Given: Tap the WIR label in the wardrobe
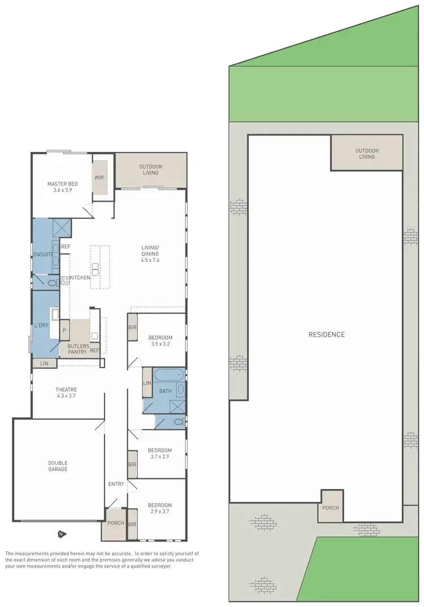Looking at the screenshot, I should coord(99,177).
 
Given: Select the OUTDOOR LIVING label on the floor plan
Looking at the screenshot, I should coord(150,169).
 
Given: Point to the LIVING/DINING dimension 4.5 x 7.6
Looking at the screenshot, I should coord(150,260).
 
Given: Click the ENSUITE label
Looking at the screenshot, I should coord(44,254).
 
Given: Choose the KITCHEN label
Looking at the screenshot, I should coord(80,277).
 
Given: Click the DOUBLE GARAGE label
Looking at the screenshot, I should coord(57,466).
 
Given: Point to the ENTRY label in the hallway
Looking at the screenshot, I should coord(116,484).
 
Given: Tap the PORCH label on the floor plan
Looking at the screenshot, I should coord(116,523).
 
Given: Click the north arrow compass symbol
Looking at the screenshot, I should coord(60,534).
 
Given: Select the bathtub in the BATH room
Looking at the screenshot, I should coord(168,374).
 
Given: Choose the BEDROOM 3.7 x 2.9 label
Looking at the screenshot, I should coord(160,453).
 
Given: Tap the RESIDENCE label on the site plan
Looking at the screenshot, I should coord(326,334).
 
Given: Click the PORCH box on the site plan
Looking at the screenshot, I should coord(331,507).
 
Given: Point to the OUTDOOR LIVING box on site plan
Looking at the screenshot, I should coord(366,154).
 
